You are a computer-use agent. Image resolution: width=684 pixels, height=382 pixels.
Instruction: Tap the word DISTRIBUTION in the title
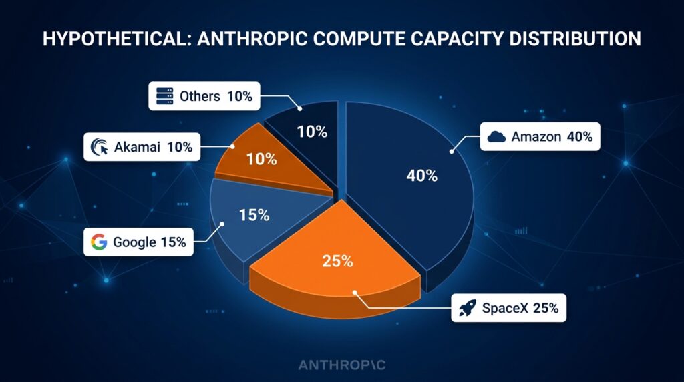(x=575, y=39)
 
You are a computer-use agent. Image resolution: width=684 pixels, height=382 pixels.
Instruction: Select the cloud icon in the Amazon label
(x=496, y=136)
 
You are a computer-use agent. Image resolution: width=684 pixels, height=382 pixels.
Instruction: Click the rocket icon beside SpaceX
(x=467, y=308)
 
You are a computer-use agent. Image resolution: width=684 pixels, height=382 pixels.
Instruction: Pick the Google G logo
(x=99, y=242)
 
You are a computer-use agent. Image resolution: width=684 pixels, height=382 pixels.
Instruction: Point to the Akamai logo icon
(x=100, y=147)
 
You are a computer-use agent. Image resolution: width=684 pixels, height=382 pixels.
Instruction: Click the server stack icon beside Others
(x=164, y=96)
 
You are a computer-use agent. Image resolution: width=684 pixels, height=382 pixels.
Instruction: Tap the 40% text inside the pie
(x=422, y=176)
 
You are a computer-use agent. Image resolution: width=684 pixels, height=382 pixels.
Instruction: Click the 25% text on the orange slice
(x=337, y=261)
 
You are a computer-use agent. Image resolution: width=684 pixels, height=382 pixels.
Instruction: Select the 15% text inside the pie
(x=254, y=215)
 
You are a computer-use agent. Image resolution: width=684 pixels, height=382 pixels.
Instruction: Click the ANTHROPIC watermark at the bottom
(x=342, y=365)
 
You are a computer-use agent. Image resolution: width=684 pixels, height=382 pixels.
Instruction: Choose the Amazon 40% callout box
(x=540, y=136)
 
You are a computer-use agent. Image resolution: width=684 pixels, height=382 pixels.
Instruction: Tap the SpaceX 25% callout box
(x=508, y=308)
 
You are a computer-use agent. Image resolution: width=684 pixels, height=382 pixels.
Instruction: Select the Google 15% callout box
(x=138, y=242)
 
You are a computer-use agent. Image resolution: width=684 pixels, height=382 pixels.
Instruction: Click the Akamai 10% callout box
(x=142, y=147)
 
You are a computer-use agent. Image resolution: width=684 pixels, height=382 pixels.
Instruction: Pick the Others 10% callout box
(x=204, y=96)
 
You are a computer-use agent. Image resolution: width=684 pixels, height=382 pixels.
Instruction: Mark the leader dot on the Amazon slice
(x=452, y=152)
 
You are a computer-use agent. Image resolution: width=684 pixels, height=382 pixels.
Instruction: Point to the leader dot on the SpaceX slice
(x=355, y=292)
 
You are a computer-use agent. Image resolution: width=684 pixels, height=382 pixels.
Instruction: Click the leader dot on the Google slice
(x=222, y=224)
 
